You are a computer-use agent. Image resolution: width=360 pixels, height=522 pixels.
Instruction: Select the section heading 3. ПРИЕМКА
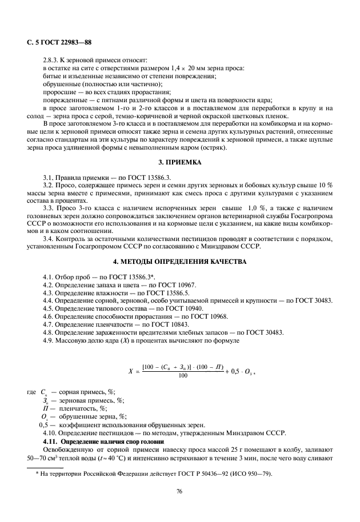click(180, 163)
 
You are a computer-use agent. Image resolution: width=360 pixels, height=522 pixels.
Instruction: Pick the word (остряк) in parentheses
click(213, 148)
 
